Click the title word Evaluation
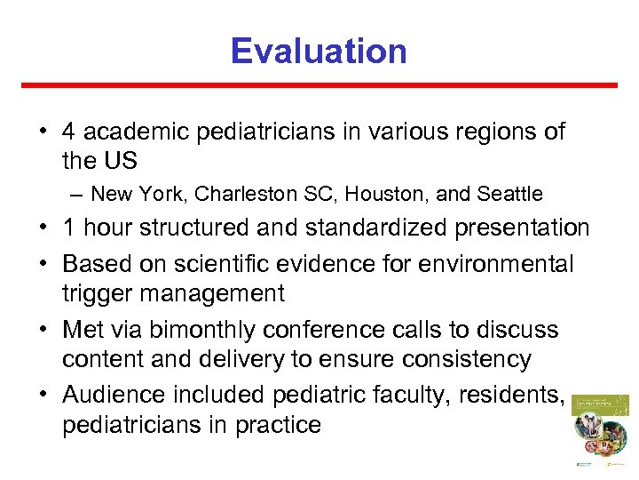(319, 51)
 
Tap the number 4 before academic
(67, 132)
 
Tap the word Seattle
(509, 194)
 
